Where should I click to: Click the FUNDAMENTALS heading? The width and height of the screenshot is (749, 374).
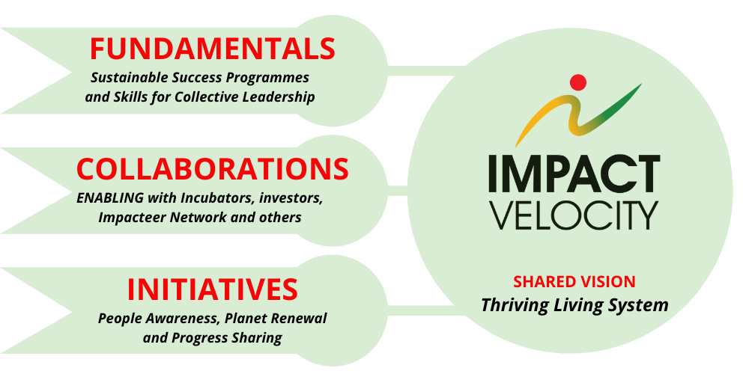click(213, 48)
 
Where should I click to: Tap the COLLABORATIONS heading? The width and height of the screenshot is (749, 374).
click(213, 168)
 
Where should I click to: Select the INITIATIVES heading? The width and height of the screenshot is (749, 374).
click(213, 289)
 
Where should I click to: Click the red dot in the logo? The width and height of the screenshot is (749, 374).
click(578, 82)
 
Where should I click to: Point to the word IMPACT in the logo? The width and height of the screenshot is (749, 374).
click(574, 174)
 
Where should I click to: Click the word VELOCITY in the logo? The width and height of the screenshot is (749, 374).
click(574, 215)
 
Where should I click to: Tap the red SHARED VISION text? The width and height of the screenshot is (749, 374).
click(574, 282)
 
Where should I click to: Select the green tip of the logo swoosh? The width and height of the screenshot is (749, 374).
click(638, 86)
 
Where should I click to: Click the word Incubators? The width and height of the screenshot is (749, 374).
click(219, 197)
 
